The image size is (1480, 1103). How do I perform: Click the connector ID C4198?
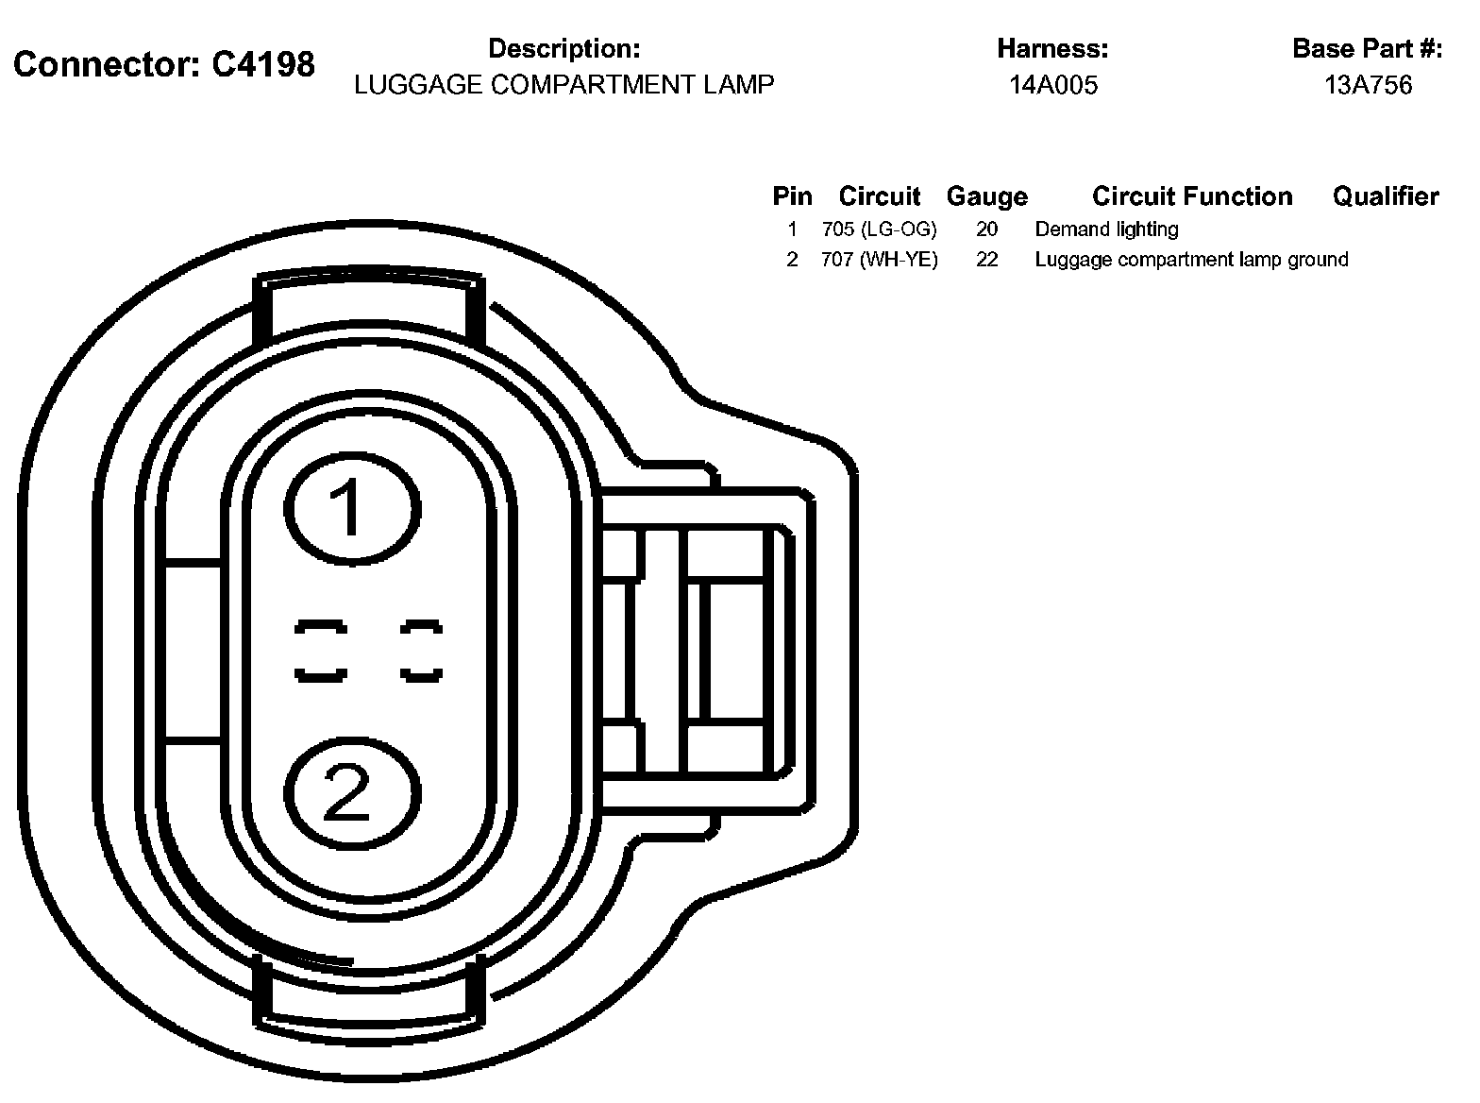(x=263, y=65)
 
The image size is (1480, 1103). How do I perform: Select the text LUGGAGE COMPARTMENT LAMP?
(x=563, y=85)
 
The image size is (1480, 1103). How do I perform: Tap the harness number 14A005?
(x=1053, y=85)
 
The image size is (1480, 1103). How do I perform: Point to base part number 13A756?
(x=1368, y=85)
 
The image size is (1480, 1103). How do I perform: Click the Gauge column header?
(x=987, y=197)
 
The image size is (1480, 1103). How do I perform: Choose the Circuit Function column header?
(x=1192, y=196)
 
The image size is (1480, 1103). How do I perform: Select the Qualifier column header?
(x=1386, y=196)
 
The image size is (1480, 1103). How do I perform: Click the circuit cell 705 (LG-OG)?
(x=880, y=229)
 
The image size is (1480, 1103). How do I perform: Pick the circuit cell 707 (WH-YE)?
(x=880, y=259)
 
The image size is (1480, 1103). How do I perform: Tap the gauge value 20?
(x=987, y=229)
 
